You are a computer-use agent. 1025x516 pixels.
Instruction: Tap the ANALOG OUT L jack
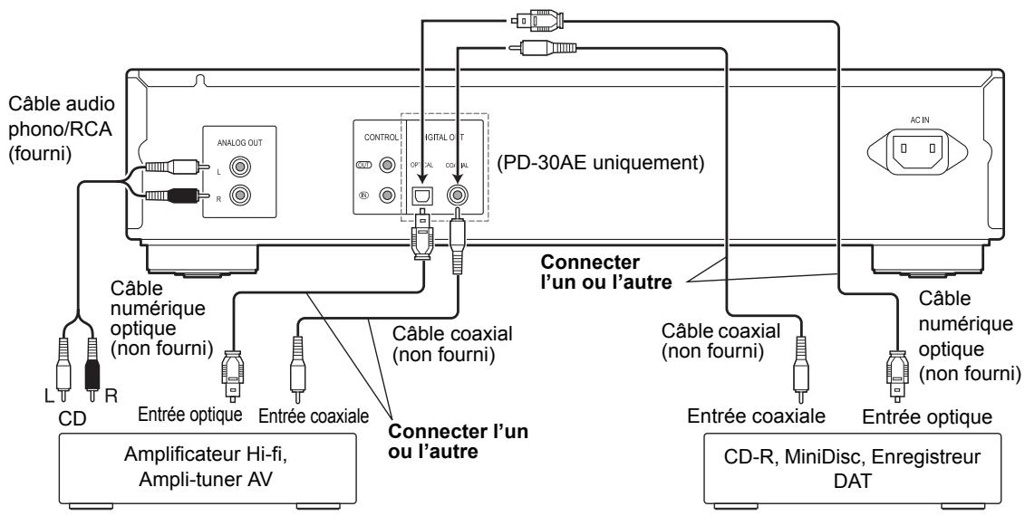pyautogui.click(x=242, y=167)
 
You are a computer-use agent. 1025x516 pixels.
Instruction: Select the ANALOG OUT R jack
pyautogui.click(x=242, y=195)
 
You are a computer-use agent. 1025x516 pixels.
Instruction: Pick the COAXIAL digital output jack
pyautogui.click(x=458, y=194)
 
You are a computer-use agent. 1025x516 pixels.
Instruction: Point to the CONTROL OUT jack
pyautogui.click(x=386, y=166)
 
